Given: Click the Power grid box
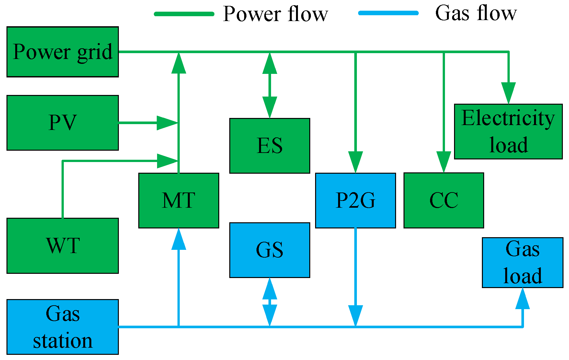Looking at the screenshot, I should coord(63,52).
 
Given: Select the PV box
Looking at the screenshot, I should coord(63,123).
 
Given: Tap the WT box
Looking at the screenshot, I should coord(63,246).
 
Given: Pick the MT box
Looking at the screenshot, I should coord(178,200).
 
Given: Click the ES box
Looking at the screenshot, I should coord(269,146).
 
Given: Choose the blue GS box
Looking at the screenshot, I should coord(269,250).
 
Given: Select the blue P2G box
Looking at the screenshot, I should coord(355,200).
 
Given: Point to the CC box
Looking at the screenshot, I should coord(443,200).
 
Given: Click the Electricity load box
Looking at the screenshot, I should coord(508,131).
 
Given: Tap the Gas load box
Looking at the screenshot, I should coord(522,262).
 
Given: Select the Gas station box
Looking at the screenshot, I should coord(63,327).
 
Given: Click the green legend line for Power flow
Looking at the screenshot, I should coord(184,14).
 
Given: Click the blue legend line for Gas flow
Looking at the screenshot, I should coord(388,13).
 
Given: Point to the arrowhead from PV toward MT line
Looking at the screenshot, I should coord(167,123).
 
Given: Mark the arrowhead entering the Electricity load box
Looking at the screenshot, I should coord(508,93).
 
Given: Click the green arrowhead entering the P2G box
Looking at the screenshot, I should coord(355,162).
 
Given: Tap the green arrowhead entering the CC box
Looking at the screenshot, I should coord(443,162).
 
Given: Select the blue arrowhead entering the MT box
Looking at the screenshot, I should coord(178,239).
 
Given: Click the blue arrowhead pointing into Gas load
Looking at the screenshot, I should coord(522,299).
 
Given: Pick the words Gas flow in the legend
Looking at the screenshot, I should coord(476,13).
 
